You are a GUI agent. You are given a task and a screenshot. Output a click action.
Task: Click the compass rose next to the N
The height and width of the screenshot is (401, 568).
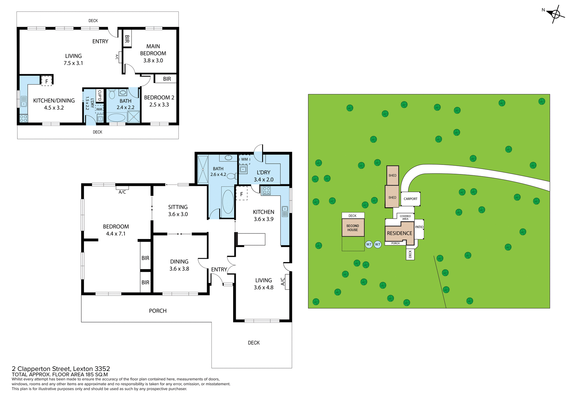pyautogui.click(x=555, y=14)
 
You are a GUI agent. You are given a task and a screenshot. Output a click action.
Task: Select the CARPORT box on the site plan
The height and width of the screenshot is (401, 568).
pyautogui.click(x=410, y=199)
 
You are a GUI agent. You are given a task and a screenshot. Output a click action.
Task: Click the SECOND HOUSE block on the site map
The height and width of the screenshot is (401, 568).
pyautogui.click(x=353, y=228)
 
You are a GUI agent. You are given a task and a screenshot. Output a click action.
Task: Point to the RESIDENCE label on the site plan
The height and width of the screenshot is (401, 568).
pyautogui.click(x=399, y=233)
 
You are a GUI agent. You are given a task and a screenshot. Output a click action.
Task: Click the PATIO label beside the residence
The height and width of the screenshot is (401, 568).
pyautogui.click(x=419, y=227)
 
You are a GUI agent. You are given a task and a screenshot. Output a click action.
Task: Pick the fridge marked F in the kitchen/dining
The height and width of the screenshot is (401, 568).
pyautogui.click(x=46, y=81)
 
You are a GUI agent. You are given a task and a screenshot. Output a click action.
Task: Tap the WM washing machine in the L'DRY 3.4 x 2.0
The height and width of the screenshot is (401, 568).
pyautogui.click(x=244, y=159)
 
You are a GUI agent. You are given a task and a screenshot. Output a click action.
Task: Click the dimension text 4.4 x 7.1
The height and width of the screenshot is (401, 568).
pyautogui.click(x=116, y=234)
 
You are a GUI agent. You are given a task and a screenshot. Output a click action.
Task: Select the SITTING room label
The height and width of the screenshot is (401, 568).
pyautogui.click(x=178, y=207)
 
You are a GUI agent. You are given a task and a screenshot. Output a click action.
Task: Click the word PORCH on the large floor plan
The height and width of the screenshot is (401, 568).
pyautogui.click(x=158, y=311)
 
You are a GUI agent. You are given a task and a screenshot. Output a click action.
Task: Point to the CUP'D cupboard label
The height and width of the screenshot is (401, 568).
pyautogui.click(x=100, y=95)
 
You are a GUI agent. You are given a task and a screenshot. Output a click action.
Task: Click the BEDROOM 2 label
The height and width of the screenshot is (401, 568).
pyautogui.click(x=159, y=98)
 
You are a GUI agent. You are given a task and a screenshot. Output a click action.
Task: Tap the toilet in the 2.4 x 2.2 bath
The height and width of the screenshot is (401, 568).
pyautogui.click(x=112, y=94)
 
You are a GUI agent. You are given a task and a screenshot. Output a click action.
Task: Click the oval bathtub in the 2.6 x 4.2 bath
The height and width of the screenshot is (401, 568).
pyautogui.click(x=228, y=202)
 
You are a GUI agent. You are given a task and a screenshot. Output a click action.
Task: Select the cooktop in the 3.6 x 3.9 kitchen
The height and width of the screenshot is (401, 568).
pyautogui.click(x=266, y=191)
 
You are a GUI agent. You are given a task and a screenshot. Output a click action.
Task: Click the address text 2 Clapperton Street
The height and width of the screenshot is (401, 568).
pyautogui.click(x=61, y=369)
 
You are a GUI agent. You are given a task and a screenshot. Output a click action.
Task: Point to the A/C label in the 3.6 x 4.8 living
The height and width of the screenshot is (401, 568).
pyautogui.click(x=283, y=281)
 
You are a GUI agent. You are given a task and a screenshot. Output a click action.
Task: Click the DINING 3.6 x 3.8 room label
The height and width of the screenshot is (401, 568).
pyautogui.click(x=179, y=262)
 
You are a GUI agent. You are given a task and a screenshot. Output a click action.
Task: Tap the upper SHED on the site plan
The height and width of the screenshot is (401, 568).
pyautogui.click(x=392, y=176)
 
